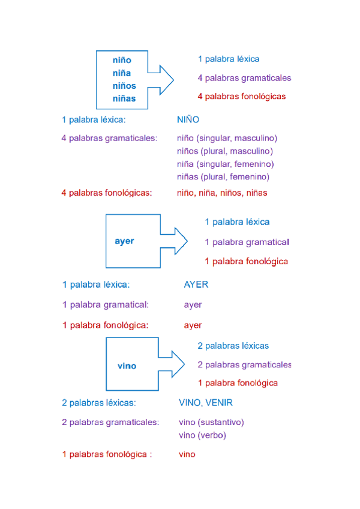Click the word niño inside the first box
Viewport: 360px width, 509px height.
coord(122,60)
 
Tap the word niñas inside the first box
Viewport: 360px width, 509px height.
coord(124,98)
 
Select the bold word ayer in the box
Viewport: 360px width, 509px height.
coord(124,241)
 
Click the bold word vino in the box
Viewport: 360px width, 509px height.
coord(127,366)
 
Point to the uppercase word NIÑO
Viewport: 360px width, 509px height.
coord(188,119)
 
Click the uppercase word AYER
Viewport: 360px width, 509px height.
coord(196,285)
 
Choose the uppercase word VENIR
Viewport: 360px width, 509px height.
coord(220,402)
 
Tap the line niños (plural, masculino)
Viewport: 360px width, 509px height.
coord(225,151)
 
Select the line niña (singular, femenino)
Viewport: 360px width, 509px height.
coord(226,164)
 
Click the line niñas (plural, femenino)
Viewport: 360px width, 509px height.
coord(223,176)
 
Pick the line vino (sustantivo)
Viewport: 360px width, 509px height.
coord(211,422)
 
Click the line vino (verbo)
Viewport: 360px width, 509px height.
coord(202,435)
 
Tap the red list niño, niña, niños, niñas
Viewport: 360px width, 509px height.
coord(222,193)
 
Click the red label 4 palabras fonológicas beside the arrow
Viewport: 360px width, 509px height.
coord(241,96)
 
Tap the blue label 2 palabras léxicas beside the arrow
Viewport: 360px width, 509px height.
coord(233,346)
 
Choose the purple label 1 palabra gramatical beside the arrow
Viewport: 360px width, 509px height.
coord(247,242)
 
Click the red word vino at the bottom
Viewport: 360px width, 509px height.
coord(187,454)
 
